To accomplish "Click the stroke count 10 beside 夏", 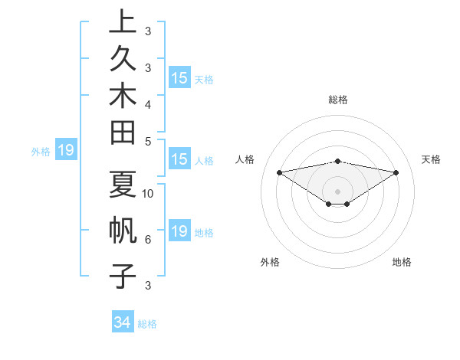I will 148,193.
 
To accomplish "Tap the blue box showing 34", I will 123,323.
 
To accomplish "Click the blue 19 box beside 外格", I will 66,151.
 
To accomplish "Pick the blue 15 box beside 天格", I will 179,78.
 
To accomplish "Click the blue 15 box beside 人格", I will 179,160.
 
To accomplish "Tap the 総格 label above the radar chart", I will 338,100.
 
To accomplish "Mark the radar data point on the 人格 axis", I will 280,172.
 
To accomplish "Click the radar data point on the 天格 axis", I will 396,172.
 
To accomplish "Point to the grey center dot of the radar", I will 338,191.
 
